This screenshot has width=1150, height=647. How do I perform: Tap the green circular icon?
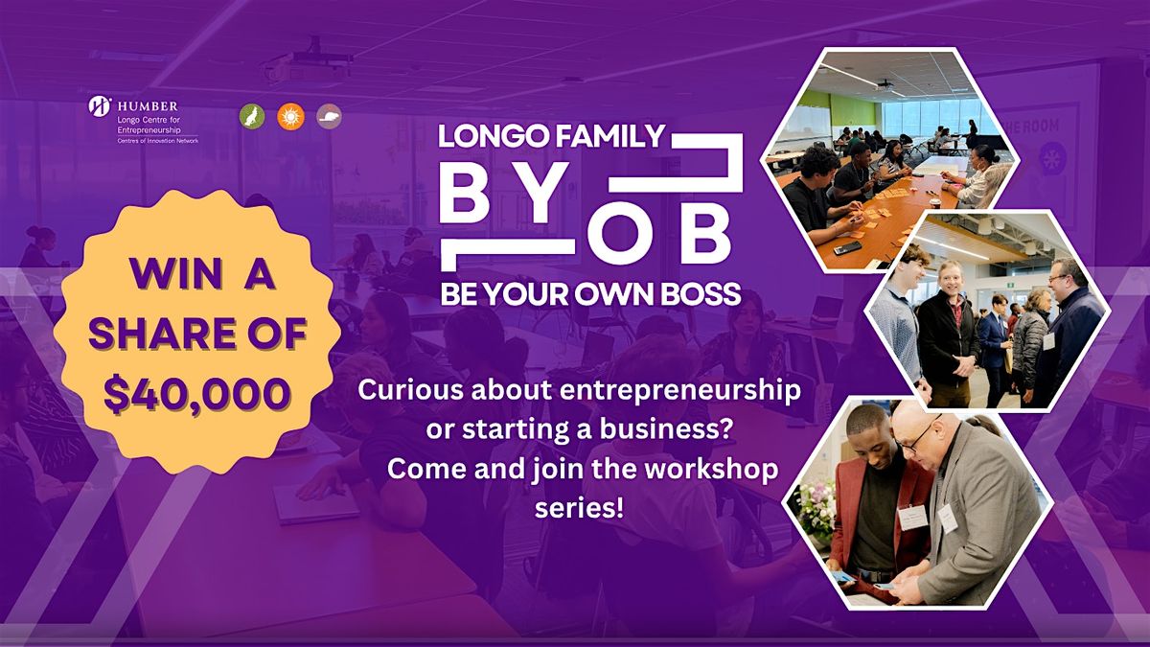coord(251,116)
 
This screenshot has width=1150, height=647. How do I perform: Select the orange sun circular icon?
coord(289,116)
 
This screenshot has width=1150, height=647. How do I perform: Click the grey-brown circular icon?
coord(329,116)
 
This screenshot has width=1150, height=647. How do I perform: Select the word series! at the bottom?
coord(579,508)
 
